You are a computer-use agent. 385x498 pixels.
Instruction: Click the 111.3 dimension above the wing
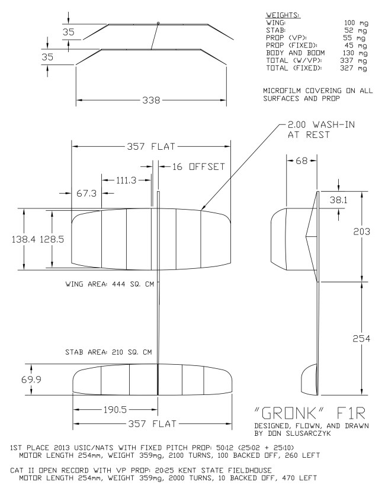125,180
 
